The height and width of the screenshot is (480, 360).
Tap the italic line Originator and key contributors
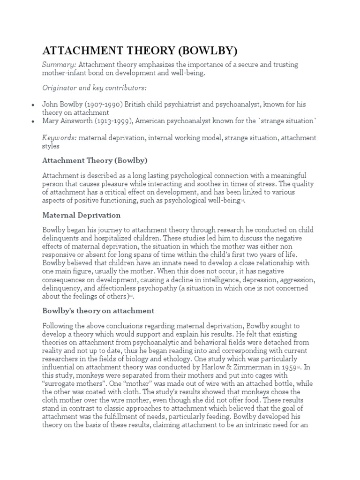[x=94, y=88]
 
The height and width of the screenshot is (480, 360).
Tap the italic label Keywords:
[x=60, y=138]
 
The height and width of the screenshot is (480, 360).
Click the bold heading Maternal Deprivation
[x=82, y=215]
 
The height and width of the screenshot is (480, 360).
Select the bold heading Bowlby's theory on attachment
[x=98, y=311]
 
